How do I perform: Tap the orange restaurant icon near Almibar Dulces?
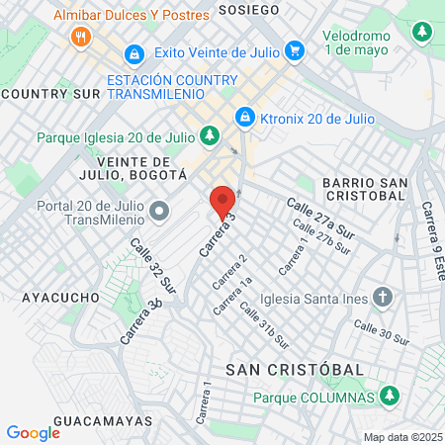pos(80,38)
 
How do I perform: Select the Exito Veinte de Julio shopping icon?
pos(294,48)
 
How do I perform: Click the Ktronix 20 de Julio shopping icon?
pos(243,118)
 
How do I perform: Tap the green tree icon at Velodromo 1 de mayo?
pos(422,32)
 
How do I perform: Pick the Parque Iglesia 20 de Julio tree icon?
pos(209,135)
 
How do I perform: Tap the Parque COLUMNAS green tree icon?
pos(391,397)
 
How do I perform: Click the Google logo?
pos(33,432)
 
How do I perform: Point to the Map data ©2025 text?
pos(401,437)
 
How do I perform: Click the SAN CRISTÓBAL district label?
pos(295,368)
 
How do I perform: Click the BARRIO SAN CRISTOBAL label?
pos(364,189)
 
